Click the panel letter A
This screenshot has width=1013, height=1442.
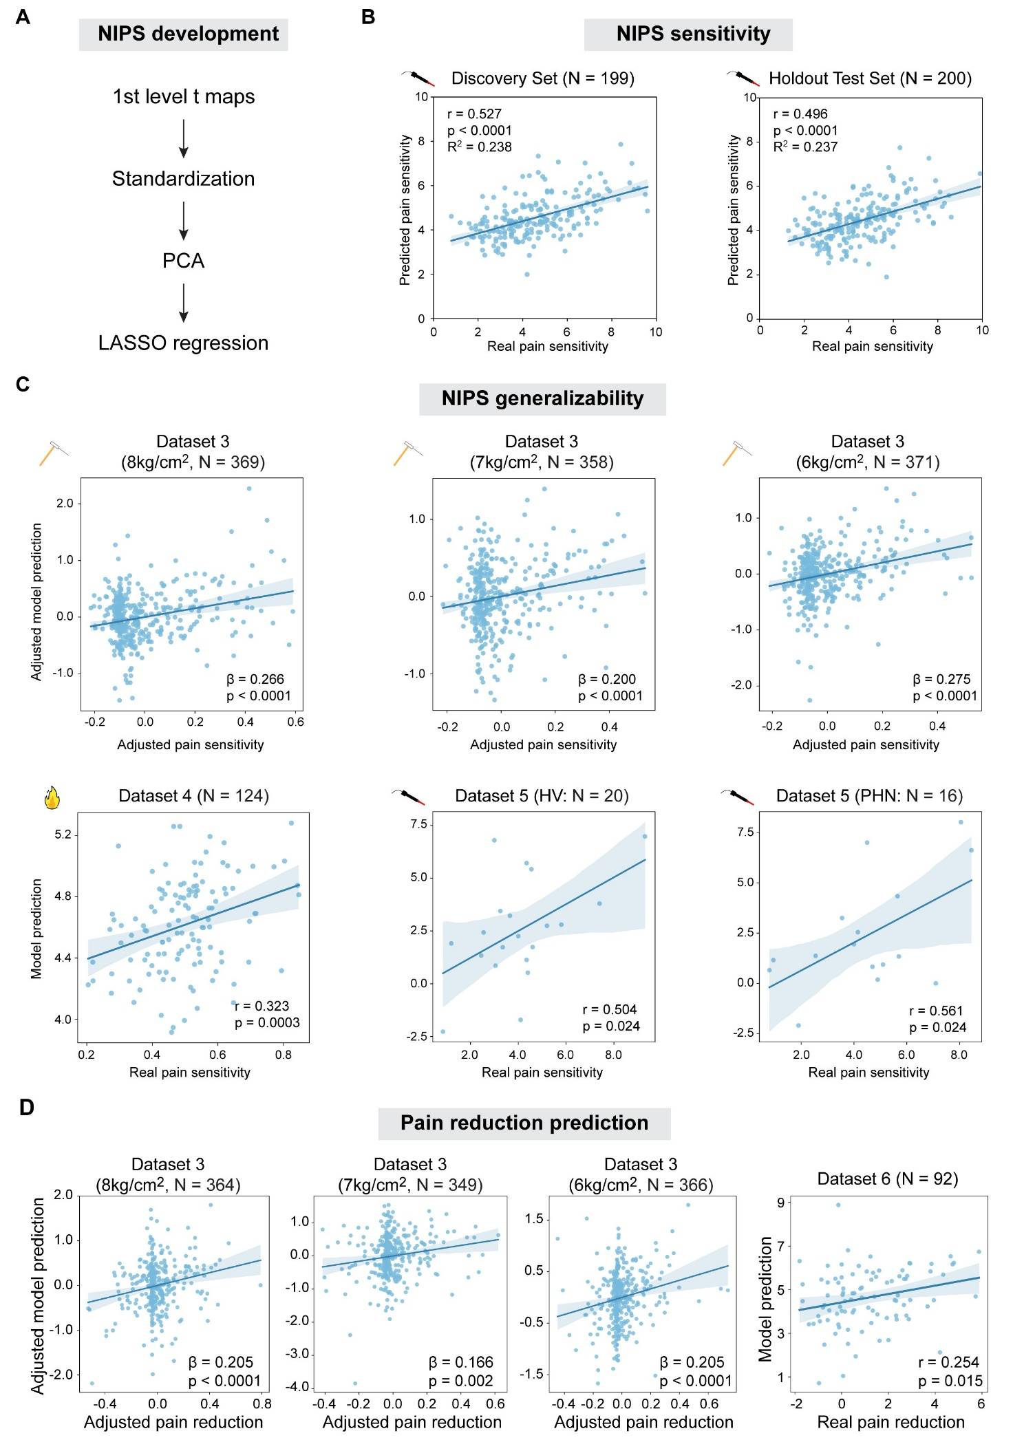pyautogui.click(x=23, y=17)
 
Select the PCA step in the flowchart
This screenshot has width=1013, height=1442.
pyautogui.click(x=183, y=261)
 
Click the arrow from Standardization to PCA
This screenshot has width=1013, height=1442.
pyautogui.click(x=183, y=220)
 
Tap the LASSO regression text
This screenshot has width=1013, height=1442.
pyautogui.click(x=183, y=343)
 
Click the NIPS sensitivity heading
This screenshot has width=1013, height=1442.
pyautogui.click(x=688, y=34)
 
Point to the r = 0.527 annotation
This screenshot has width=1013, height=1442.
pyautogui.click(x=474, y=114)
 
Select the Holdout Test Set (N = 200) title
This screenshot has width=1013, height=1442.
pyautogui.click(x=870, y=78)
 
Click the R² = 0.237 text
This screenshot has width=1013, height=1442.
pyautogui.click(x=805, y=147)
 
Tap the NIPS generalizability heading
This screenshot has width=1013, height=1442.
pyautogui.click(x=542, y=398)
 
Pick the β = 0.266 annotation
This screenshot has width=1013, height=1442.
pyautogui.click(x=255, y=679)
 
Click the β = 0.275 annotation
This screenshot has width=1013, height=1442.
pyautogui.click(x=941, y=679)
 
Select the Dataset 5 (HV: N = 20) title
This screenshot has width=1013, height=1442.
pyautogui.click(x=542, y=796)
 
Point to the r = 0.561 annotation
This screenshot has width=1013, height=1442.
pyautogui.click(x=936, y=1011)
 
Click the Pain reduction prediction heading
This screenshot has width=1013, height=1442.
pyautogui.click(x=524, y=1123)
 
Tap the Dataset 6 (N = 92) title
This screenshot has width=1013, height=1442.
pyautogui.click(x=888, y=1179)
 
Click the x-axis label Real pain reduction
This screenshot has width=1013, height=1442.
pyautogui.click(x=891, y=1422)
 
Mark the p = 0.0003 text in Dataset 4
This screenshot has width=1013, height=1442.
pyautogui.click(x=267, y=1022)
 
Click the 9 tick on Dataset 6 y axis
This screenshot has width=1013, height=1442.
pyautogui.click(x=780, y=1203)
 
